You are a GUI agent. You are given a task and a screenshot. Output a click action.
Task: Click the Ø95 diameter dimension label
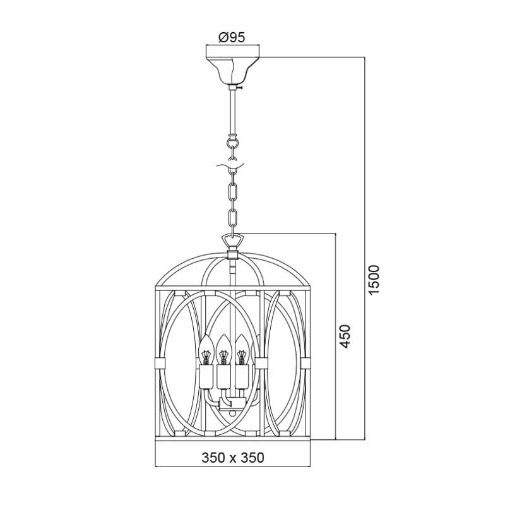232,38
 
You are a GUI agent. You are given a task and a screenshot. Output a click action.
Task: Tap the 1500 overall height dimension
374,279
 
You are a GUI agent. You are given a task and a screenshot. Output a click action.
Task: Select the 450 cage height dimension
345,336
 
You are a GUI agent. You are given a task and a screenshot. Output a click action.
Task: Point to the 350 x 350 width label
232,458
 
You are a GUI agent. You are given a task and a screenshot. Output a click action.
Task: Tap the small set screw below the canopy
240,87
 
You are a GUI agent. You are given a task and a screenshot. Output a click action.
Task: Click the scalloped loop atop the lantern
232,241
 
